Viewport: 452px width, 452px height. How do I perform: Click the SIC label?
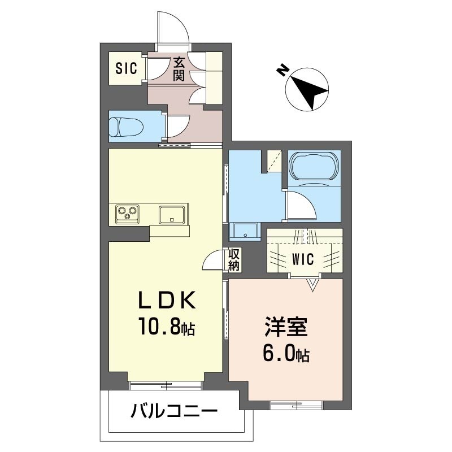126,68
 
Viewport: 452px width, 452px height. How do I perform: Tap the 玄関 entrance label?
179,69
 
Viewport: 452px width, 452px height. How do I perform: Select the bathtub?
314,166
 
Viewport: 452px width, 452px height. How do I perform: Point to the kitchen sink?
172,215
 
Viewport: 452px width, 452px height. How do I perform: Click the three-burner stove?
127,214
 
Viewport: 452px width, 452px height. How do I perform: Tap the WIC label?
303,259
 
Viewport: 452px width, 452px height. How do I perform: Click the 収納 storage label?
234,259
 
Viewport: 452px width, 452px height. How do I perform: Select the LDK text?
167,300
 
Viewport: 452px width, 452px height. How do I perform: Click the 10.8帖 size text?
167,326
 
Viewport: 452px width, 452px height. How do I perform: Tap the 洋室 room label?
286,327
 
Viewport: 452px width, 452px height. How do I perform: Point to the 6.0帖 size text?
286,353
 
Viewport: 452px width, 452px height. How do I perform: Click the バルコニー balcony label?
173,411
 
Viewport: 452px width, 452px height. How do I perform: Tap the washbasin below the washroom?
245,232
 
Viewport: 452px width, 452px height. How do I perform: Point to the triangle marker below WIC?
313,285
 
